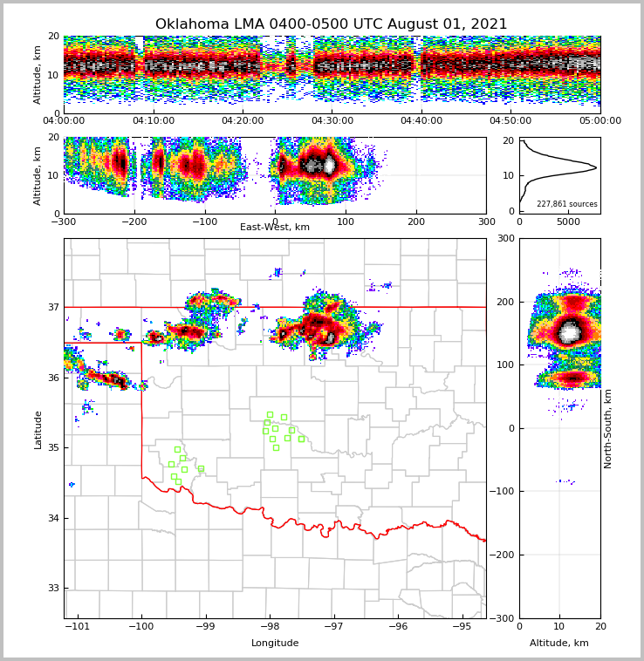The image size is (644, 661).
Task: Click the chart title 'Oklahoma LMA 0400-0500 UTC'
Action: point(331,24)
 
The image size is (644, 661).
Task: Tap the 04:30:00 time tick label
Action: point(332,121)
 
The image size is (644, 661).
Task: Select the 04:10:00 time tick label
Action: point(153,121)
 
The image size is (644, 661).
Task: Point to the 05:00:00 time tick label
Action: point(600,121)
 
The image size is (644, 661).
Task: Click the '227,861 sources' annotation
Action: point(566,204)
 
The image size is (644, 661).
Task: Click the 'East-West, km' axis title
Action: point(275,228)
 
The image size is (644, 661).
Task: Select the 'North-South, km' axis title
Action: point(608,428)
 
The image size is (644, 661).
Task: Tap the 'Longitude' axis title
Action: point(275,644)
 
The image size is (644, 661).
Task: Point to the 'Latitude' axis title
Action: point(38,429)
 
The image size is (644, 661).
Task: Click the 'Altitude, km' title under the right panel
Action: point(559,644)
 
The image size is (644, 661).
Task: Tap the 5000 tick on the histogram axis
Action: point(568,222)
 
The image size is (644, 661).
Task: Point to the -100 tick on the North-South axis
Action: point(504,492)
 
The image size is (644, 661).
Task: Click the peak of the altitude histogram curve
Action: point(596,167)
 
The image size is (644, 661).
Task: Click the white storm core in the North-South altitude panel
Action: point(570,331)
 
